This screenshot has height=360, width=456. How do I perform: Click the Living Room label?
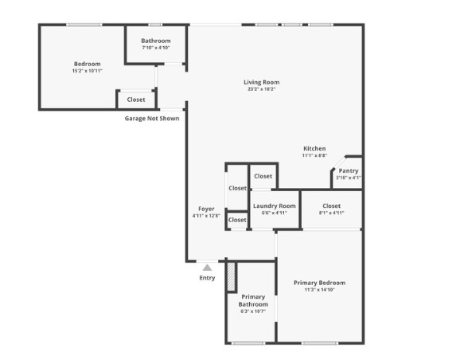pyautogui.click(x=261, y=82)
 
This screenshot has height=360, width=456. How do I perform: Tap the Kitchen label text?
pyautogui.click(x=314, y=149)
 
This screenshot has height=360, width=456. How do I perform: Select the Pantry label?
pyautogui.click(x=349, y=170)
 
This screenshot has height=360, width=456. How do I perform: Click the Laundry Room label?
pyautogui.click(x=275, y=206)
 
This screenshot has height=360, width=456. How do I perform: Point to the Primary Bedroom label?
pyautogui.click(x=319, y=283)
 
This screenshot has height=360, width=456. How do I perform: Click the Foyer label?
pyautogui.click(x=206, y=209)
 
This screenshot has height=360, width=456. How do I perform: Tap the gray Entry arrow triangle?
pyautogui.click(x=207, y=268)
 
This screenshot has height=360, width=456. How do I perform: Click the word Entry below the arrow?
pyautogui.click(x=207, y=278)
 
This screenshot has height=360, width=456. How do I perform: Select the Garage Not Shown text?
pyautogui.click(x=151, y=119)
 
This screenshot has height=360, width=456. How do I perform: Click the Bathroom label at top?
pyautogui.click(x=155, y=41)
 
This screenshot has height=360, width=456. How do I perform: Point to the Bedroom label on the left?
pyautogui.click(x=87, y=64)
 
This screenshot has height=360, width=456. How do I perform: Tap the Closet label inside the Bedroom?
pyautogui.click(x=136, y=100)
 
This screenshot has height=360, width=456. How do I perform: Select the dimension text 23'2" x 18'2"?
pyautogui.click(x=261, y=89)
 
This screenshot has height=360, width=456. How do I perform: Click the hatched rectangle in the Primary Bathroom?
pyautogui.click(x=232, y=276)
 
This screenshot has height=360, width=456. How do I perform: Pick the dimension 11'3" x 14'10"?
pyautogui.click(x=319, y=290)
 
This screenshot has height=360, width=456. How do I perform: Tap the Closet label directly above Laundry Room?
pyautogui.click(x=263, y=176)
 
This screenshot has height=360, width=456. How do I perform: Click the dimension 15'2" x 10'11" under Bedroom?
pyautogui.click(x=87, y=71)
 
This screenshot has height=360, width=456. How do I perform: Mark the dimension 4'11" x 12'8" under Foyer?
pyautogui.click(x=206, y=216)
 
